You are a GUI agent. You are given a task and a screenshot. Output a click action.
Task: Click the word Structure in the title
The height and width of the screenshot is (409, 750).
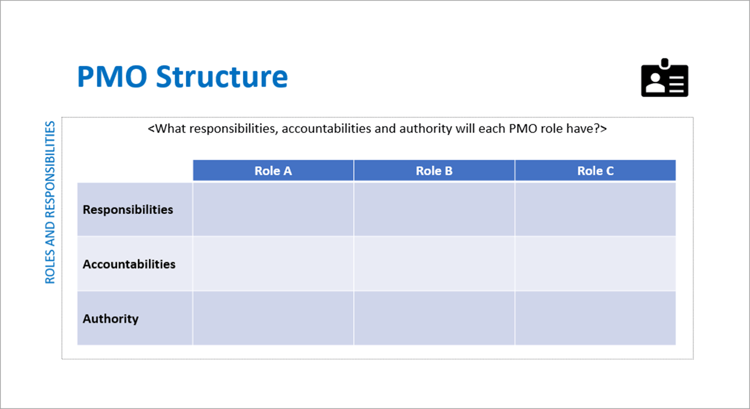click(222, 77)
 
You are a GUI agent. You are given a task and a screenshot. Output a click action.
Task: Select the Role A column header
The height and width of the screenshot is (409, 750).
click(273, 171)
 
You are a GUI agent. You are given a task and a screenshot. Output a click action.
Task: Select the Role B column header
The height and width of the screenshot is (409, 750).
click(434, 171)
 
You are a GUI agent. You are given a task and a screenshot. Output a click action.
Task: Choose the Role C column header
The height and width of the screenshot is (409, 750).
click(595, 171)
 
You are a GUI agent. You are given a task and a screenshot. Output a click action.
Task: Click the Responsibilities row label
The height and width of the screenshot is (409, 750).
click(128, 209)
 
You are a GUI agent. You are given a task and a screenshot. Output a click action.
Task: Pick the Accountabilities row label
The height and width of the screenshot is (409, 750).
click(129, 264)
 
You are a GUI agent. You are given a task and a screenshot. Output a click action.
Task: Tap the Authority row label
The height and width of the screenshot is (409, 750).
click(111, 319)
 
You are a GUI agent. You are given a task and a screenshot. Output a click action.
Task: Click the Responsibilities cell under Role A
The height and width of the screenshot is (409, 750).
click(273, 209)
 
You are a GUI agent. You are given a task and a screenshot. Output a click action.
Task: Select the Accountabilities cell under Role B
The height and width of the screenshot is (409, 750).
click(434, 264)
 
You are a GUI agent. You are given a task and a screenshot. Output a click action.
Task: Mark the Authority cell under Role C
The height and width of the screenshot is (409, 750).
click(595, 319)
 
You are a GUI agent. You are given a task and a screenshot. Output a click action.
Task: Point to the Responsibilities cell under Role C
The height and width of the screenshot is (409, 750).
click(595, 209)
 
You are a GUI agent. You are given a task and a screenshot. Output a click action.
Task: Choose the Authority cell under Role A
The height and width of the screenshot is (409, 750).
click(273, 319)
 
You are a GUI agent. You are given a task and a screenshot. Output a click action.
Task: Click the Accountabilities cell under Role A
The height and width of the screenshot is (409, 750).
click(273, 264)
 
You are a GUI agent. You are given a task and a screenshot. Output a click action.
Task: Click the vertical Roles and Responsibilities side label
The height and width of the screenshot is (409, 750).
click(50, 202)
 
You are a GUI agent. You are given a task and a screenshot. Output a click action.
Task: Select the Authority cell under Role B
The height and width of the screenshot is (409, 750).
click(434, 319)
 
